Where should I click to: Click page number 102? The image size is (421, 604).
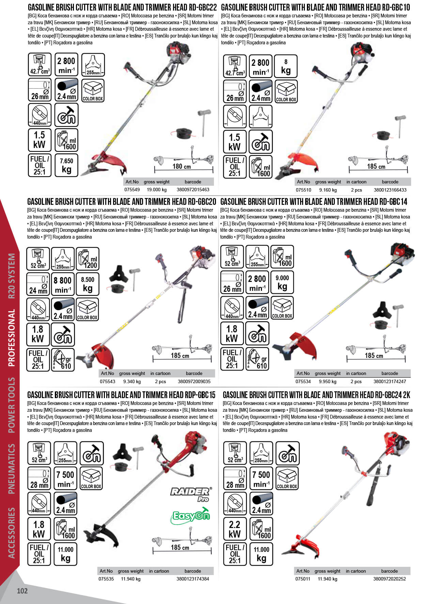[22, 591]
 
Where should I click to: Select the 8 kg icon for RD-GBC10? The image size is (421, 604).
[286, 66]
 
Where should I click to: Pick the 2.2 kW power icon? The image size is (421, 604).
[235, 529]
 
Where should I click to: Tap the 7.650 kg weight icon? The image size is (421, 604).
[66, 165]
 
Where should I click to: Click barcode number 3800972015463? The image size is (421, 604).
[193, 190]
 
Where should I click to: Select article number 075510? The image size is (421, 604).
[303, 190]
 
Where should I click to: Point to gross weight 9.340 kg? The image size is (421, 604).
[132, 382]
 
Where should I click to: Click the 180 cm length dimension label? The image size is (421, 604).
[182, 166]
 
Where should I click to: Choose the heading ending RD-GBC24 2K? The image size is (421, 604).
[316, 395]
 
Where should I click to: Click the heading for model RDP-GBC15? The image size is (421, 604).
[121, 395]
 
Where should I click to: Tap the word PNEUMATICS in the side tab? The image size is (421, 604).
[11, 468]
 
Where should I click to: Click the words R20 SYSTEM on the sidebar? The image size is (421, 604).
[11, 276]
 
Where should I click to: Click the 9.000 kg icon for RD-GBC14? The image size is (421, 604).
[282, 282]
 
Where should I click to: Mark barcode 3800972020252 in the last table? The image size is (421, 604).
[389, 579]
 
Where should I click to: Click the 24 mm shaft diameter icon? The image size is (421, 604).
[38, 284]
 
